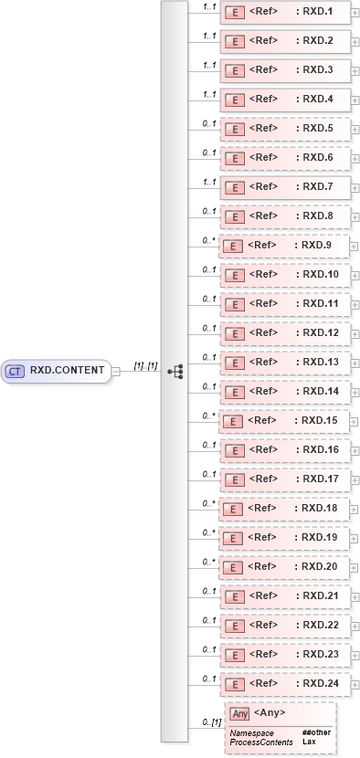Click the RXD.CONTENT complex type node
(55, 372)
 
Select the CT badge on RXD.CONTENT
(16, 372)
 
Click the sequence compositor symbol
(176, 372)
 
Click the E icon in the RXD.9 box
(233, 246)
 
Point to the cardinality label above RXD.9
(207, 239)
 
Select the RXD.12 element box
(285, 333)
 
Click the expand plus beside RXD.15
(355, 421)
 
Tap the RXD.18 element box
(285, 509)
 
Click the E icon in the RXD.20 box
(233, 567)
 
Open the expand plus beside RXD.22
(355, 626)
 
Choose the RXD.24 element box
(285, 684)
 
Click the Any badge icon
(239, 713)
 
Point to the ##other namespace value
(315, 733)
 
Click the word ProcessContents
(259, 742)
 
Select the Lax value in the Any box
(309, 742)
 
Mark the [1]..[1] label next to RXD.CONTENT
(146, 365)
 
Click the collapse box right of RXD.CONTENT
(116, 372)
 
